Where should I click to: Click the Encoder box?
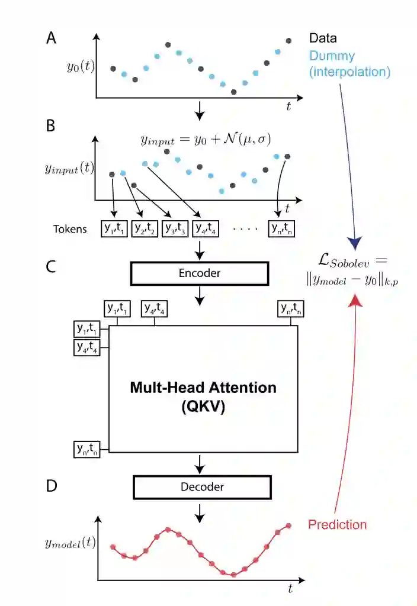point(199,273)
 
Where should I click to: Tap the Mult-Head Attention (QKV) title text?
point(203,397)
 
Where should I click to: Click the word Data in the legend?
point(323,38)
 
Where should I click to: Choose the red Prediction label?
point(337,524)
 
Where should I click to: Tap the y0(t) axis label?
point(79,66)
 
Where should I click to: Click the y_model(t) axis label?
point(70,541)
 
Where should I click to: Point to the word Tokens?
point(69,228)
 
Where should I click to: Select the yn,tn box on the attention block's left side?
point(86,449)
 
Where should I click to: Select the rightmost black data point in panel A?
point(288,41)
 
